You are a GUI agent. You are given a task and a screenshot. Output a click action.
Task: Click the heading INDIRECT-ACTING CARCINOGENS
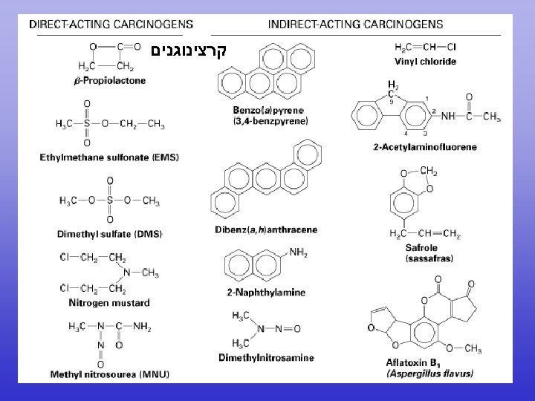pos(354,24)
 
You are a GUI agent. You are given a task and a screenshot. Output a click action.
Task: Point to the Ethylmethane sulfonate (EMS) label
pos(109,157)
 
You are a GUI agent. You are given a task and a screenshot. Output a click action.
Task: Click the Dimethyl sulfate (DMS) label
pos(109,234)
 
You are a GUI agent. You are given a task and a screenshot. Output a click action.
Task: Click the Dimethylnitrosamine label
pos(265,357)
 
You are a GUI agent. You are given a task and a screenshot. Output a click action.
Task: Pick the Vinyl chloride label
pos(425,62)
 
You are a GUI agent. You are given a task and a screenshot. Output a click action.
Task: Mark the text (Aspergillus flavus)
pos(429,374)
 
